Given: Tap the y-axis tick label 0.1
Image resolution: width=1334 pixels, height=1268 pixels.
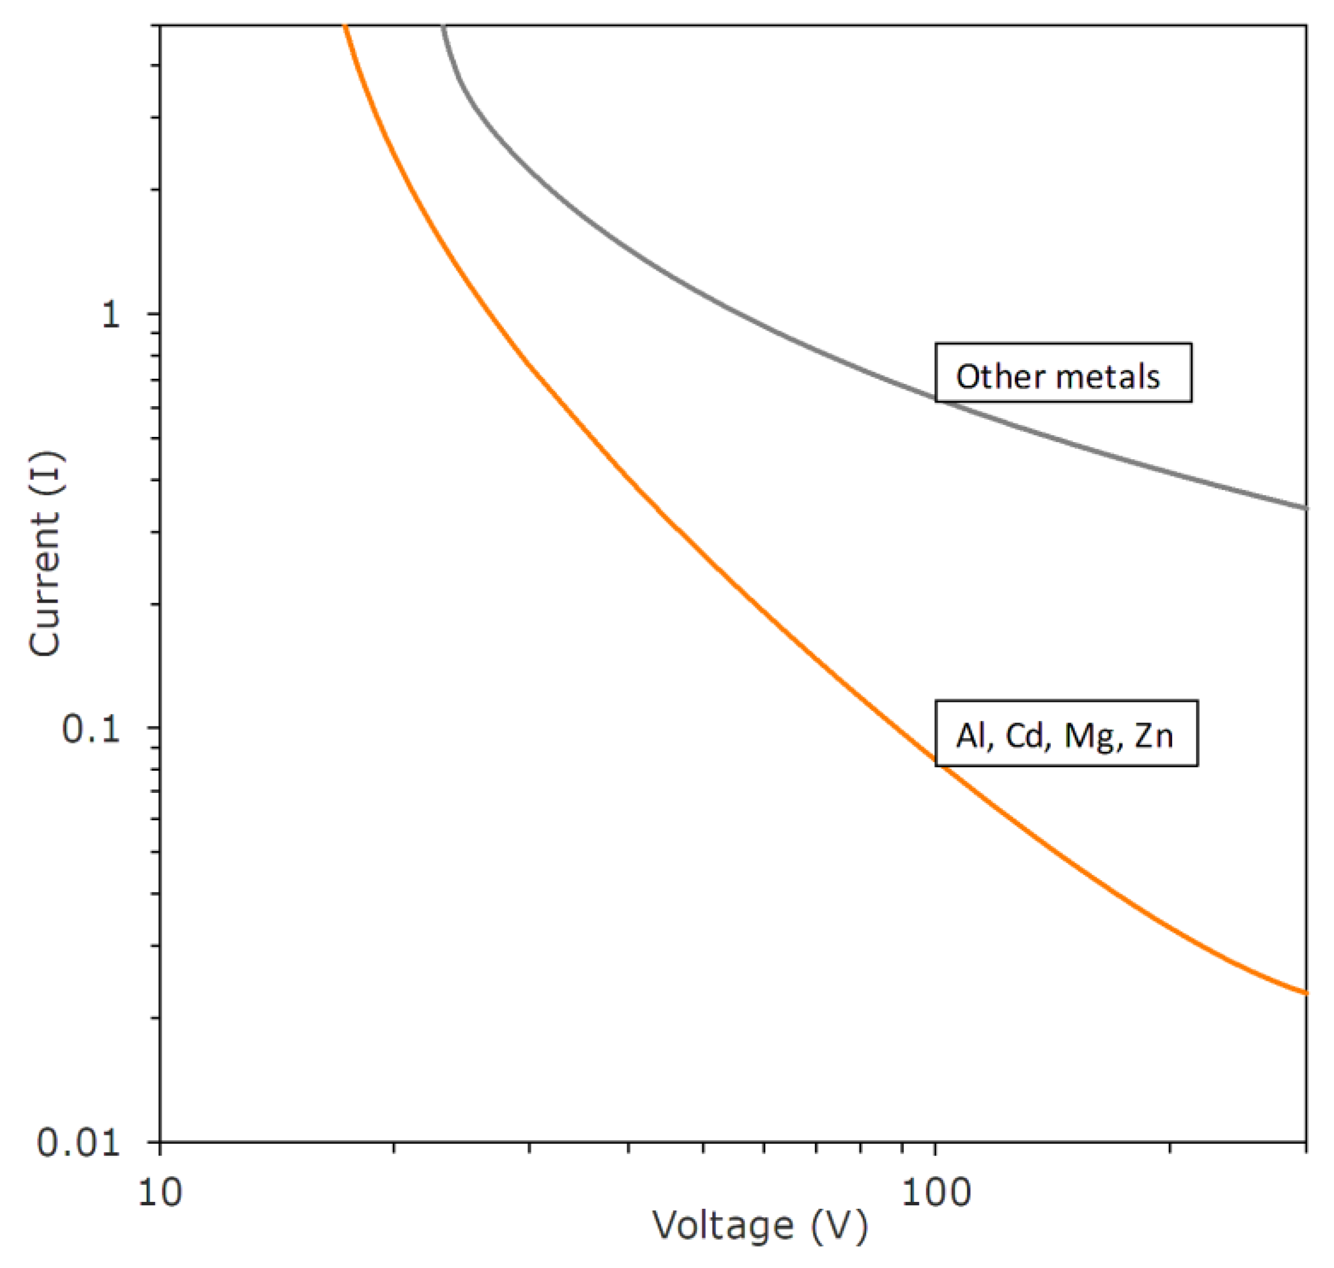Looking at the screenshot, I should (91, 729).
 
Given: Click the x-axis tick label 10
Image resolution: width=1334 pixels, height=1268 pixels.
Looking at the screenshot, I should (160, 1193).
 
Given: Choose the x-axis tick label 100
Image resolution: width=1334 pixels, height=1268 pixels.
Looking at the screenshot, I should (936, 1193).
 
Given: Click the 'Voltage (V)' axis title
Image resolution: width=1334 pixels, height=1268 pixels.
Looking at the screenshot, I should (760, 1227).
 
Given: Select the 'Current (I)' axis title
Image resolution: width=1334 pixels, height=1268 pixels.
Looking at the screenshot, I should (45, 554).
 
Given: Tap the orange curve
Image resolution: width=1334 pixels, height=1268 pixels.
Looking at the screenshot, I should (676, 529).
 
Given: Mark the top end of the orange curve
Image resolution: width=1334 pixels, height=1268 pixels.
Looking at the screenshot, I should (345, 27).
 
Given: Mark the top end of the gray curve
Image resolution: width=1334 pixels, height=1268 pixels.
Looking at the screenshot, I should (443, 27).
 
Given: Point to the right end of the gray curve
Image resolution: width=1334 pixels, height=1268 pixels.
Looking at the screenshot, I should (1305, 508).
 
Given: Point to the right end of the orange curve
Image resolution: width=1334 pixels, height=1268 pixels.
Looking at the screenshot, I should (1305, 993).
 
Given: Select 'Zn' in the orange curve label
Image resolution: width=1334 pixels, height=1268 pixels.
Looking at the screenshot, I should (1153, 735).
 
